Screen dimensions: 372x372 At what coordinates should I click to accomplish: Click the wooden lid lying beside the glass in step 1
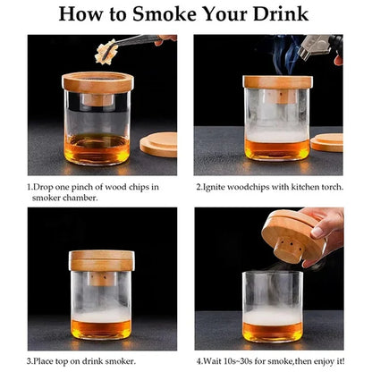point(158,144)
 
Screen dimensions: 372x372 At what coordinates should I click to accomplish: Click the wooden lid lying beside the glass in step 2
point(327,142)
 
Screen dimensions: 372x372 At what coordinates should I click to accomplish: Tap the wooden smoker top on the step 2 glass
point(277,83)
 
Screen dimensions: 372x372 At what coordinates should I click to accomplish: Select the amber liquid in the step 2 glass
point(277,148)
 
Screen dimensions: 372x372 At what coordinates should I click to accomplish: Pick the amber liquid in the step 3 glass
point(99,326)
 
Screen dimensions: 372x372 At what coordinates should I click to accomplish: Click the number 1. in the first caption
point(30,186)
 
